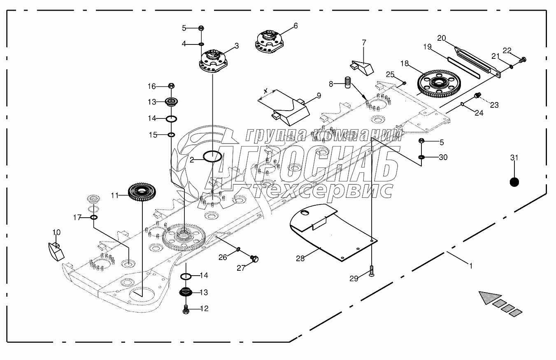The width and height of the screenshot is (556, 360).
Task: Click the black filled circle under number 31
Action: [514, 182]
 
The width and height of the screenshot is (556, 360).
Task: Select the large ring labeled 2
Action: [213, 156]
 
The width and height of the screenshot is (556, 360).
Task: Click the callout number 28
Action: [300, 258]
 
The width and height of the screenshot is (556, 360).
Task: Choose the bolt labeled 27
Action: [254, 259]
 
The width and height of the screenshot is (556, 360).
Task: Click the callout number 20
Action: [442, 38]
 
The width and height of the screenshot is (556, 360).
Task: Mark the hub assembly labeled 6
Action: [270, 41]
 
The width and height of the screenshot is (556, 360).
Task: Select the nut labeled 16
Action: [172, 86]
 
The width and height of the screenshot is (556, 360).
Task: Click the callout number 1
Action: [470, 266]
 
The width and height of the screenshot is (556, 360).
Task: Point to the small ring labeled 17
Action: [94, 217]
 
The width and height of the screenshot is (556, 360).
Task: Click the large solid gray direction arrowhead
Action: [489, 297]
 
